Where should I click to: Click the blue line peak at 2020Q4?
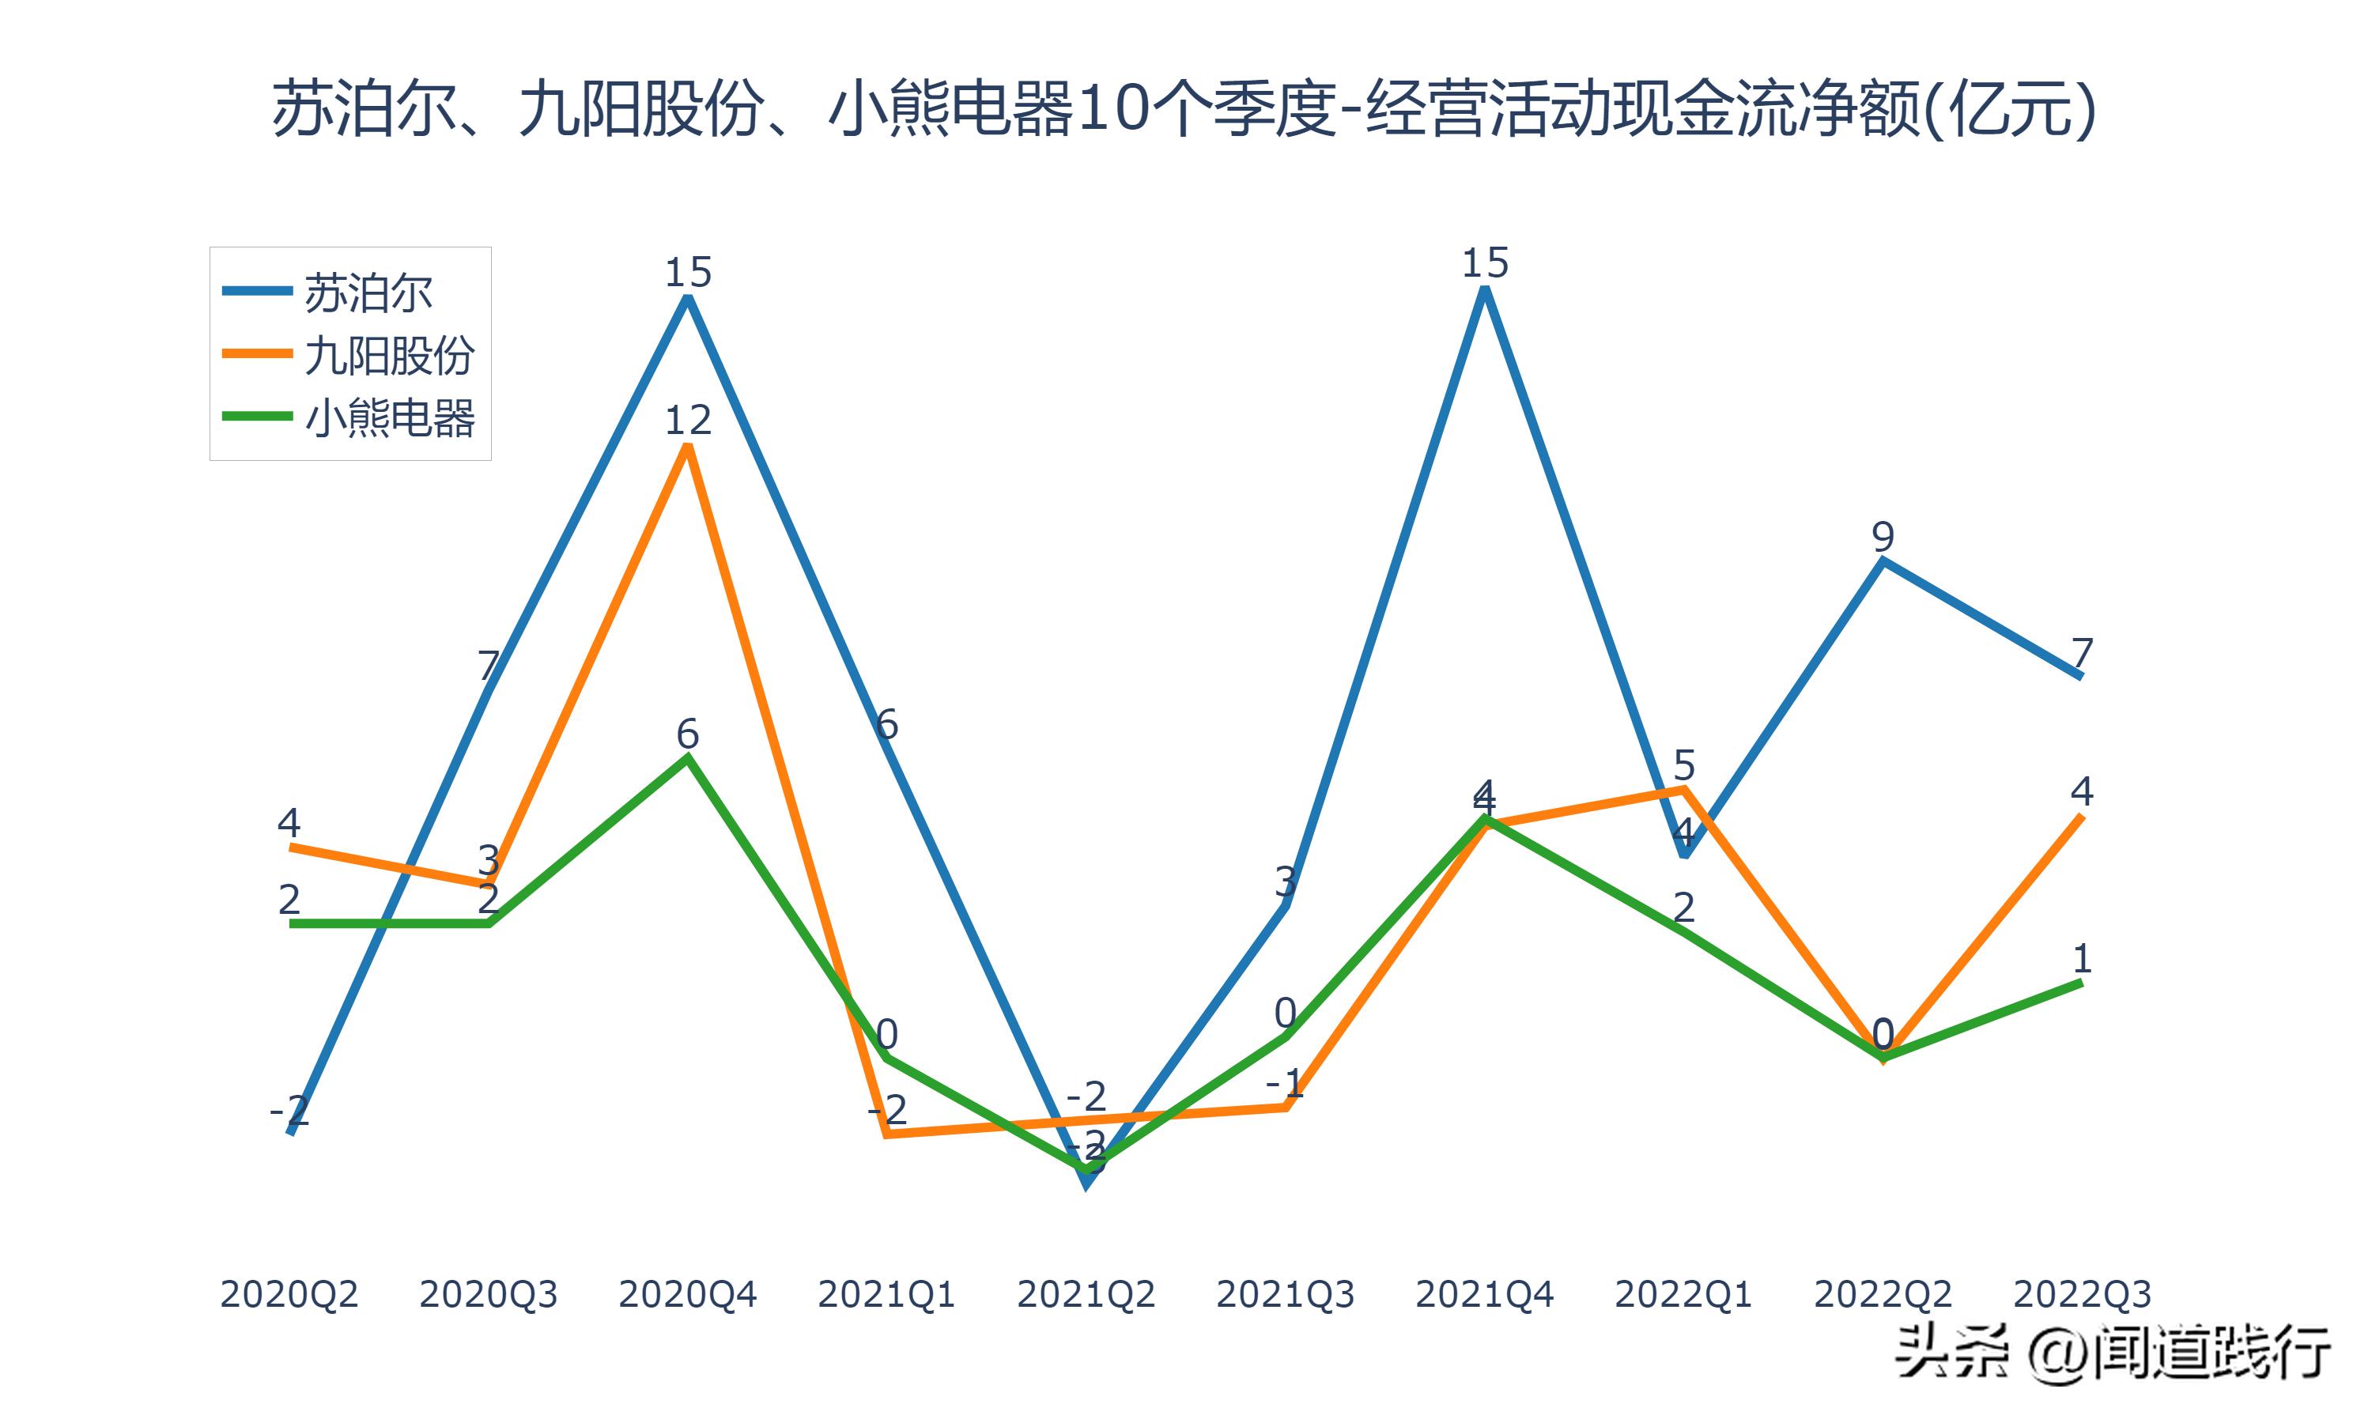(687, 298)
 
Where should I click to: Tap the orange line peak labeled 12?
(687, 447)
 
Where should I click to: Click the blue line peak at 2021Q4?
(1484, 289)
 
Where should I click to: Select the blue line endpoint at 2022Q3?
(2080, 676)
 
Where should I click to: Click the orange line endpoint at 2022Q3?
(2080, 816)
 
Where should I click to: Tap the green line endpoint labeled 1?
(2080, 982)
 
